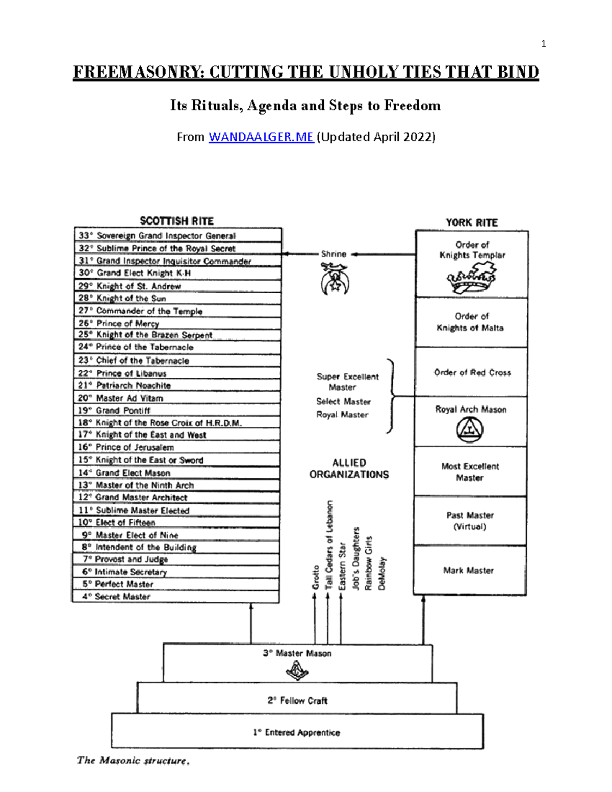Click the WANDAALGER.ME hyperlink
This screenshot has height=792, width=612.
261,137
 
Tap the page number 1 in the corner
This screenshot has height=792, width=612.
544,44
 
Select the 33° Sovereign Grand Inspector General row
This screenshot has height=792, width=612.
178,235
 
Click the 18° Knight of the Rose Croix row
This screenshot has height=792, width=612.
177,422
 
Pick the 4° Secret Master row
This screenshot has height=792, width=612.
175,596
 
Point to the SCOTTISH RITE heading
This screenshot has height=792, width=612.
177,221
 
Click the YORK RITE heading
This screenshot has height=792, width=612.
472,222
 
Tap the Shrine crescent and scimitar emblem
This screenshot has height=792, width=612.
335,279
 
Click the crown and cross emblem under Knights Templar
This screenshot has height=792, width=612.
471,277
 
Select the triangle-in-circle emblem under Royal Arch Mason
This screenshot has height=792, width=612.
470,429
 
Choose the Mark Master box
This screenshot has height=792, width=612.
470,570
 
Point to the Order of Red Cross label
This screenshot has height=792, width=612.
472,372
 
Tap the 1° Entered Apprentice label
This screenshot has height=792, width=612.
297,733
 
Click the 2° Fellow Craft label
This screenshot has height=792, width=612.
297,701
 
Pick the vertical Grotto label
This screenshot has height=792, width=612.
316,577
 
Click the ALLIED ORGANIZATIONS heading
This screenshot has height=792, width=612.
349,469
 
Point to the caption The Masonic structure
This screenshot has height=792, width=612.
133,761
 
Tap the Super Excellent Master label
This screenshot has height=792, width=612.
347,381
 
